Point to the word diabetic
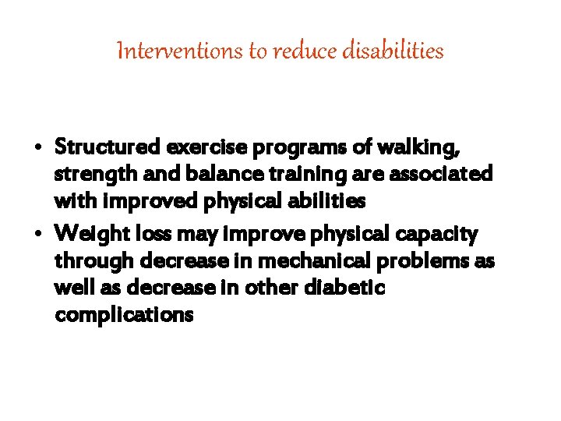343,288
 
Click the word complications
124,317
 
